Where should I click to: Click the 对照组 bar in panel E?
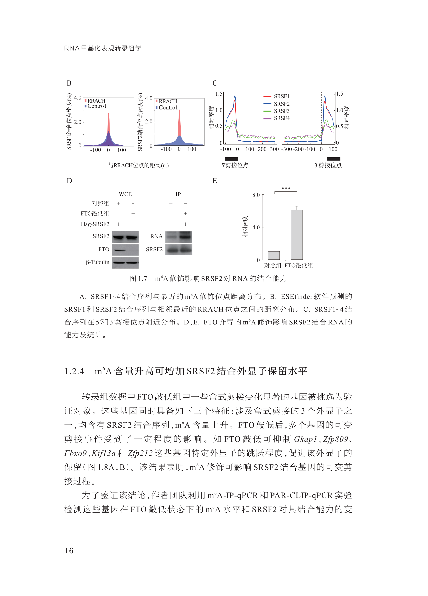coord(274,255)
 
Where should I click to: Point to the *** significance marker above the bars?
coord(286,188)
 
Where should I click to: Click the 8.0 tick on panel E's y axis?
coord(256,195)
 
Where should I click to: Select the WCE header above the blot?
coord(125,194)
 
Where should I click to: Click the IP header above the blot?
coord(178,194)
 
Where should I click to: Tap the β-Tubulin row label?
coord(98,262)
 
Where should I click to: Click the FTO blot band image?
coord(125,250)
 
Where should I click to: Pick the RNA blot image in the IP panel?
coord(179,237)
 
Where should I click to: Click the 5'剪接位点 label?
coord(235,165)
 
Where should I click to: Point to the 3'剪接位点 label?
coord(328,165)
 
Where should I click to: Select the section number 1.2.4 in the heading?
coord(74,371)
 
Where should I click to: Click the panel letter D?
coord(69,181)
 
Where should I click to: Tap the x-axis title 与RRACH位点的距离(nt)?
coord(138,165)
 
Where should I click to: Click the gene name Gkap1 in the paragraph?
coord(305,439)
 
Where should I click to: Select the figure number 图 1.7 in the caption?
coord(138,279)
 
